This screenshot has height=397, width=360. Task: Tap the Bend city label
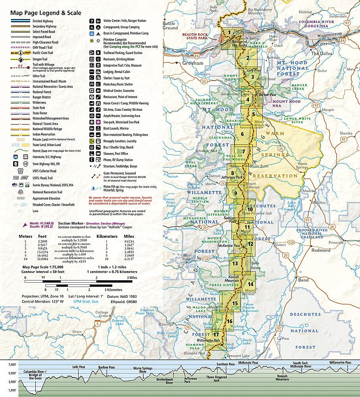(303, 280)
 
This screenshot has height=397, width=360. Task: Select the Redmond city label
(321, 251)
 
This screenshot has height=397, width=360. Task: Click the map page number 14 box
(250, 284)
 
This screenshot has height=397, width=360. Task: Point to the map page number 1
(229, 33)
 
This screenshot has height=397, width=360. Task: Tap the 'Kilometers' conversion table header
(108, 236)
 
